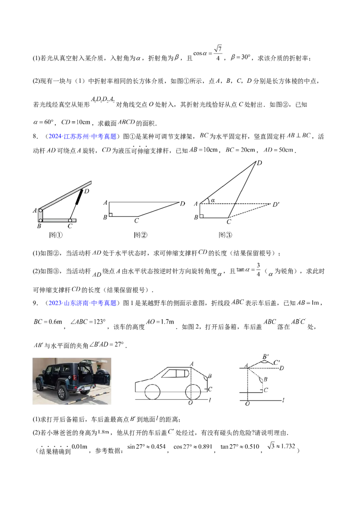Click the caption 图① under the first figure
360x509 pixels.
(x=55, y=235)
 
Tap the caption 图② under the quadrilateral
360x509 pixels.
(x=140, y=235)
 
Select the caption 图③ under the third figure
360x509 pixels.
(x=225, y=235)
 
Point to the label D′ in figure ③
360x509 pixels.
(x=276, y=205)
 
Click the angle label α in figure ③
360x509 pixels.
(x=213, y=201)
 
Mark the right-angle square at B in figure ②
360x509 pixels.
(x=111, y=215)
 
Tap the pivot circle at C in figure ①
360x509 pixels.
(x=70, y=220)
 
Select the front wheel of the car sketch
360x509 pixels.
(x=152, y=392)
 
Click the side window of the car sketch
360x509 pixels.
(x=175, y=373)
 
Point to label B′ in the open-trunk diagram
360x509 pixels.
(x=265, y=357)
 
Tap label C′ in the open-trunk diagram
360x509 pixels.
(x=276, y=362)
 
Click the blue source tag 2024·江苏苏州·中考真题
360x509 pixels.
(x=82, y=136)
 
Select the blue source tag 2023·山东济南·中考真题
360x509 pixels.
(x=82, y=303)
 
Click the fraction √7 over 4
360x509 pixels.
(x=218, y=53)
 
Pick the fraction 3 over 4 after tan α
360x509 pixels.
(x=258, y=270)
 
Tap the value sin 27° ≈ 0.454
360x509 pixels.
(x=147, y=446)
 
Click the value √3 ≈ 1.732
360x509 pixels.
(x=281, y=446)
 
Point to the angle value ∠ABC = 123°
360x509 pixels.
(x=88, y=321)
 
